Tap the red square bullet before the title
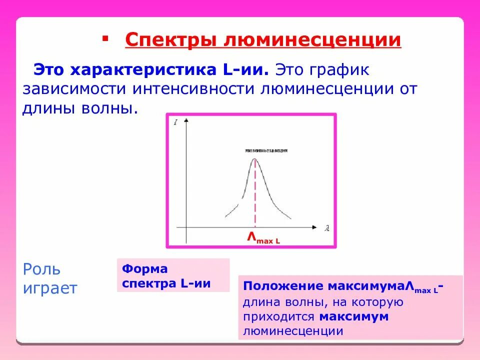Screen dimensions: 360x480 [x=104, y=38]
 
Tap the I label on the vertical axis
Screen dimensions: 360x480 [x=176, y=121]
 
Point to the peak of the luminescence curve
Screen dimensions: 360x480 [x=255, y=159]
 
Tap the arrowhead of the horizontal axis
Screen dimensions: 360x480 [x=314, y=227]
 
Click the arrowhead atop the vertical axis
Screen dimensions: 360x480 [x=186, y=120]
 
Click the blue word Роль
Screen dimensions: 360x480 [x=42, y=269]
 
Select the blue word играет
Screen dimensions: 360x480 [x=50, y=288]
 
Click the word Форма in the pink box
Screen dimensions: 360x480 [x=145, y=269]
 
